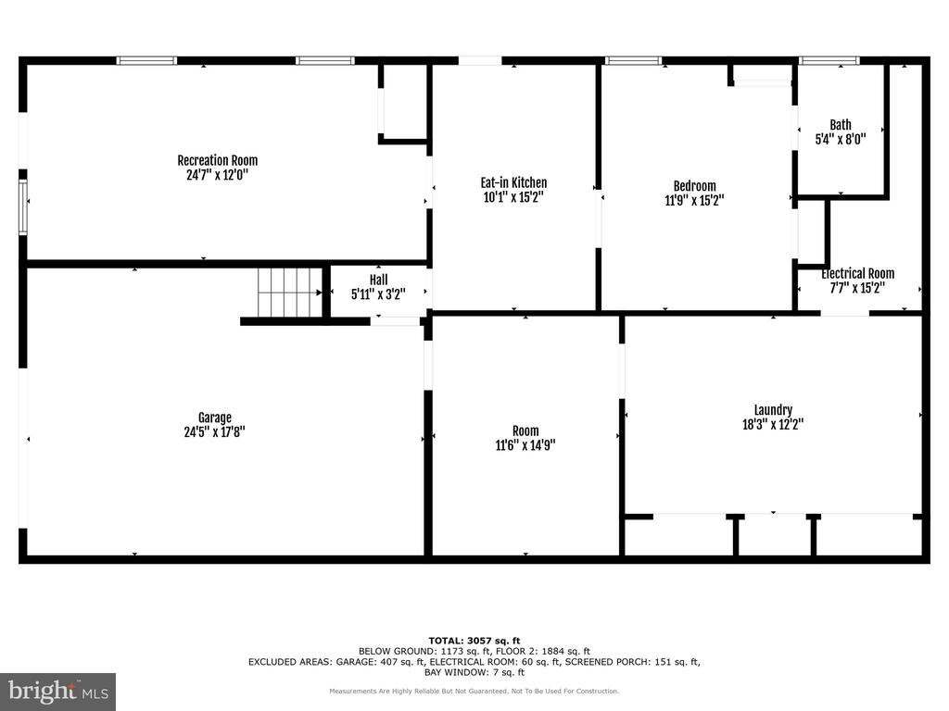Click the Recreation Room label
pyautogui.click(x=217, y=160)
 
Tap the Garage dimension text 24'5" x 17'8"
pyautogui.click(x=214, y=431)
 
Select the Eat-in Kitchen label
pyautogui.click(x=513, y=182)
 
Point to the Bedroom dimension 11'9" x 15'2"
pyautogui.click(x=694, y=200)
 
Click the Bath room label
pyautogui.click(x=840, y=125)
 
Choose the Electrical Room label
pyautogui.click(x=857, y=273)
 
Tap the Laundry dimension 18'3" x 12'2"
pyautogui.click(x=773, y=424)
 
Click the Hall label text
pyautogui.click(x=378, y=280)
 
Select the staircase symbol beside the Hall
pyautogui.click(x=290, y=292)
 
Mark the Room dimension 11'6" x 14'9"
pyautogui.click(x=525, y=445)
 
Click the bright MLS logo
pyautogui.click(x=57, y=692)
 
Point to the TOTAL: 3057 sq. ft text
pyautogui.click(x=474, y=641)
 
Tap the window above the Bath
pyautogui.click(x=829, y=60)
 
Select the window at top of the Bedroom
pyautogui.click(x=633, y=60)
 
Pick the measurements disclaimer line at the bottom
pyautogui.click(x=474, y=691)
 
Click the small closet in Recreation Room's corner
pyautogui.click(x=404, y=104)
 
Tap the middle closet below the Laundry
pyautogui.click(x=774, y=535)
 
